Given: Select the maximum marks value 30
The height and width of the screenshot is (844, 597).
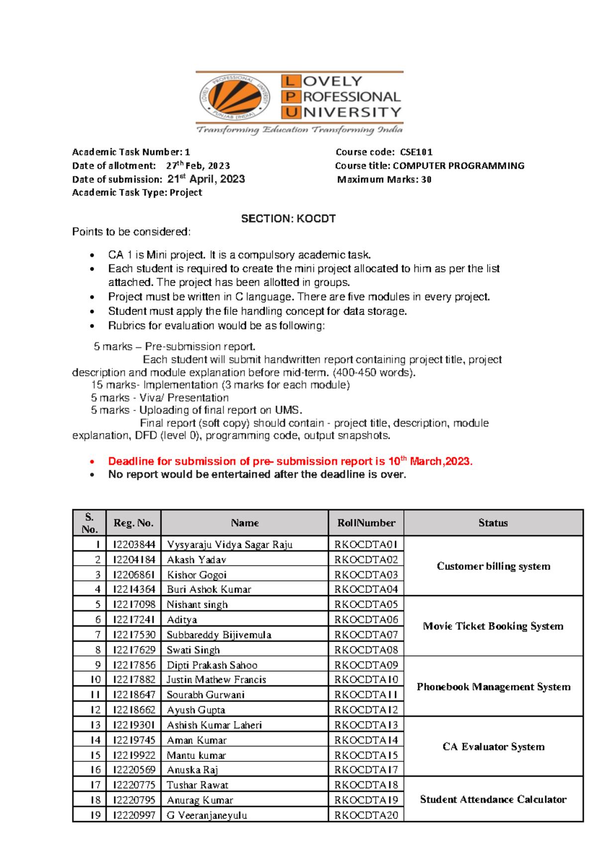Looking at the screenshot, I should tap(426, 180).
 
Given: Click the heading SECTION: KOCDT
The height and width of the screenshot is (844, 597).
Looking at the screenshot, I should tap(288, 219).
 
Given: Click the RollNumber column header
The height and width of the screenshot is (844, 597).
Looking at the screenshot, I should tap(366, 523).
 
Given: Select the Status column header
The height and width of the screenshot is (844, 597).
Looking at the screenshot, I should tap(493, 523).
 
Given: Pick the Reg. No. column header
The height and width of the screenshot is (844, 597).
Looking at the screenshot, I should tap(133, 523).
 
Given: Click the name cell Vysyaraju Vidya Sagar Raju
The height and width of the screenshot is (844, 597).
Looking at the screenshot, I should tap(230, 544).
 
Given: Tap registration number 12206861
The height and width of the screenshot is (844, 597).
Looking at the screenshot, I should tap(134, 575).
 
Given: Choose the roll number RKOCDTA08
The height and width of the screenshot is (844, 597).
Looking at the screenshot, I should tap(366, 650).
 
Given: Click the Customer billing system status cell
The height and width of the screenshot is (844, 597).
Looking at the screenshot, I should tap(494, 566).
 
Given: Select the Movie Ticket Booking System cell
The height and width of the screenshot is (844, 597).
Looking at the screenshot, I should tap(493, 626).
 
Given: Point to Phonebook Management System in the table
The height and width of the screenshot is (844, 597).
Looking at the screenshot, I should tap(494, 687).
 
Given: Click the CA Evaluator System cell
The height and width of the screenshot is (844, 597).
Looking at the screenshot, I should tap(494, 746).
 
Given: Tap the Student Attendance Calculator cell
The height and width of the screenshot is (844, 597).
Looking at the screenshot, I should tap(493, 799).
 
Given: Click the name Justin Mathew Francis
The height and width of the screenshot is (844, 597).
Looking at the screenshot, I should tap(216, 680).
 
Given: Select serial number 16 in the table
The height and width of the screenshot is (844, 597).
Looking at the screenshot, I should tap(96, 770).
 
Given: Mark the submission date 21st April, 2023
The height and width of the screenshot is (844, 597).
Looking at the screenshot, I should tap(206, 179).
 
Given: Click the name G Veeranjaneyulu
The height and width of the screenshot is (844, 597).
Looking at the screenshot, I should tap(207, 815).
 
